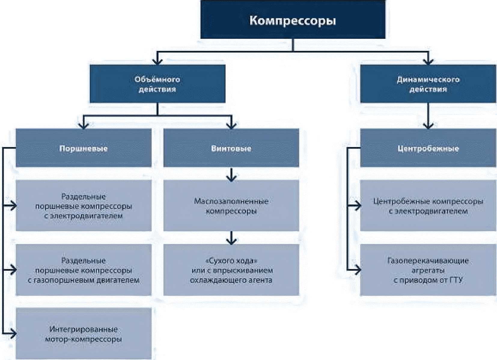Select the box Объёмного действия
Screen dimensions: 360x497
tap(157, 84)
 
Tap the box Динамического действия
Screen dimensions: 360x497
tap(428, 84)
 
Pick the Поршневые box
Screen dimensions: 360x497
tap(84, 148)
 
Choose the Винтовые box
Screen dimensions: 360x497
tap(231, 148)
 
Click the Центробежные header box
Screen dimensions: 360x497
tap(428, 148)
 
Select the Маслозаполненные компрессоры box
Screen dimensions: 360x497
tap(231, 206)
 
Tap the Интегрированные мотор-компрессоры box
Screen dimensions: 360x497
tap(84, 334)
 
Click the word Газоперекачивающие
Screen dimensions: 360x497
tap(428, 260)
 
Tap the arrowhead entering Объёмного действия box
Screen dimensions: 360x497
tap(157, 61)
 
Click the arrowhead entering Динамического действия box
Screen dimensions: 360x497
tap(428, 61)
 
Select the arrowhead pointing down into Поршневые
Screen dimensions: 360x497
tap(84, 125)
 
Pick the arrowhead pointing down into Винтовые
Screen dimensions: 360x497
tap(231, 125)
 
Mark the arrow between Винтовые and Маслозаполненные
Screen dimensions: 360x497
tap(231, 175)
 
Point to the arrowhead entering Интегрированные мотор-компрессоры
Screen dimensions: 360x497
tap(13, 333)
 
